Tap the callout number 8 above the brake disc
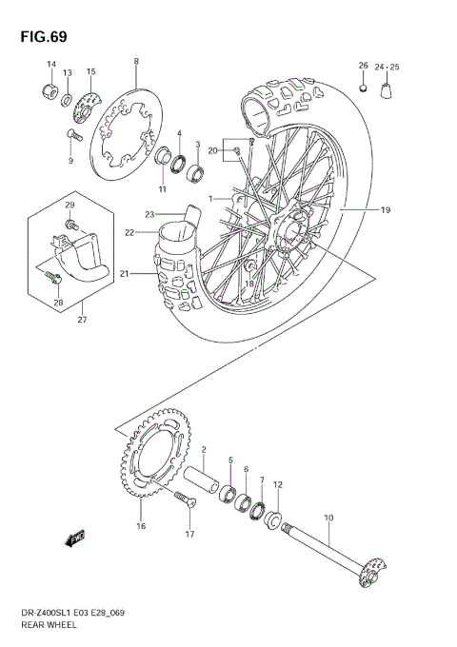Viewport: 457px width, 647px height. (x=136, y=62)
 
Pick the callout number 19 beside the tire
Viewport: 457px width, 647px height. (x=387, y=209)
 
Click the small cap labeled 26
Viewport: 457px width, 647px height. (x=363, y=88)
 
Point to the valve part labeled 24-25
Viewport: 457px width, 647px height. (x=387, y=91)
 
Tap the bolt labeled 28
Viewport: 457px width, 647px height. (x=53, y=277)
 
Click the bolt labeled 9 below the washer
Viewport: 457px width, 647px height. (x=72, y=135)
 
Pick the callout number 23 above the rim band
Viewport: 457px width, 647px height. (x=150, y=214)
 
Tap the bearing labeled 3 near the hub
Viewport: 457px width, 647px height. (x=195, y=173)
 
